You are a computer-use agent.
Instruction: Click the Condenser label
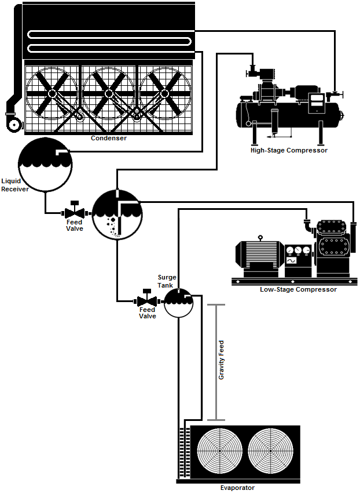coord(109,138)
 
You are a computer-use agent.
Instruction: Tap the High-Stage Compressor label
coord(289,150)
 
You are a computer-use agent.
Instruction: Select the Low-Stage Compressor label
coord(298,289)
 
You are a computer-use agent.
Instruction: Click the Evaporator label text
coord(237,488)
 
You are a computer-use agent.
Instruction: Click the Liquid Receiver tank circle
coord(45,165)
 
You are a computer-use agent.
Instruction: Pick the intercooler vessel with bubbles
coord(117,213)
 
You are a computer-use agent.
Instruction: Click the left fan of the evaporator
coord(220,451)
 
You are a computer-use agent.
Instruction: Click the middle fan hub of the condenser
coord(108,93)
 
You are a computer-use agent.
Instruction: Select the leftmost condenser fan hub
coord(52,93)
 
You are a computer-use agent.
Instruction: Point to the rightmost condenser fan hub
coord(164,93)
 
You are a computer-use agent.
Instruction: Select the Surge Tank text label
coord(167,281)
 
